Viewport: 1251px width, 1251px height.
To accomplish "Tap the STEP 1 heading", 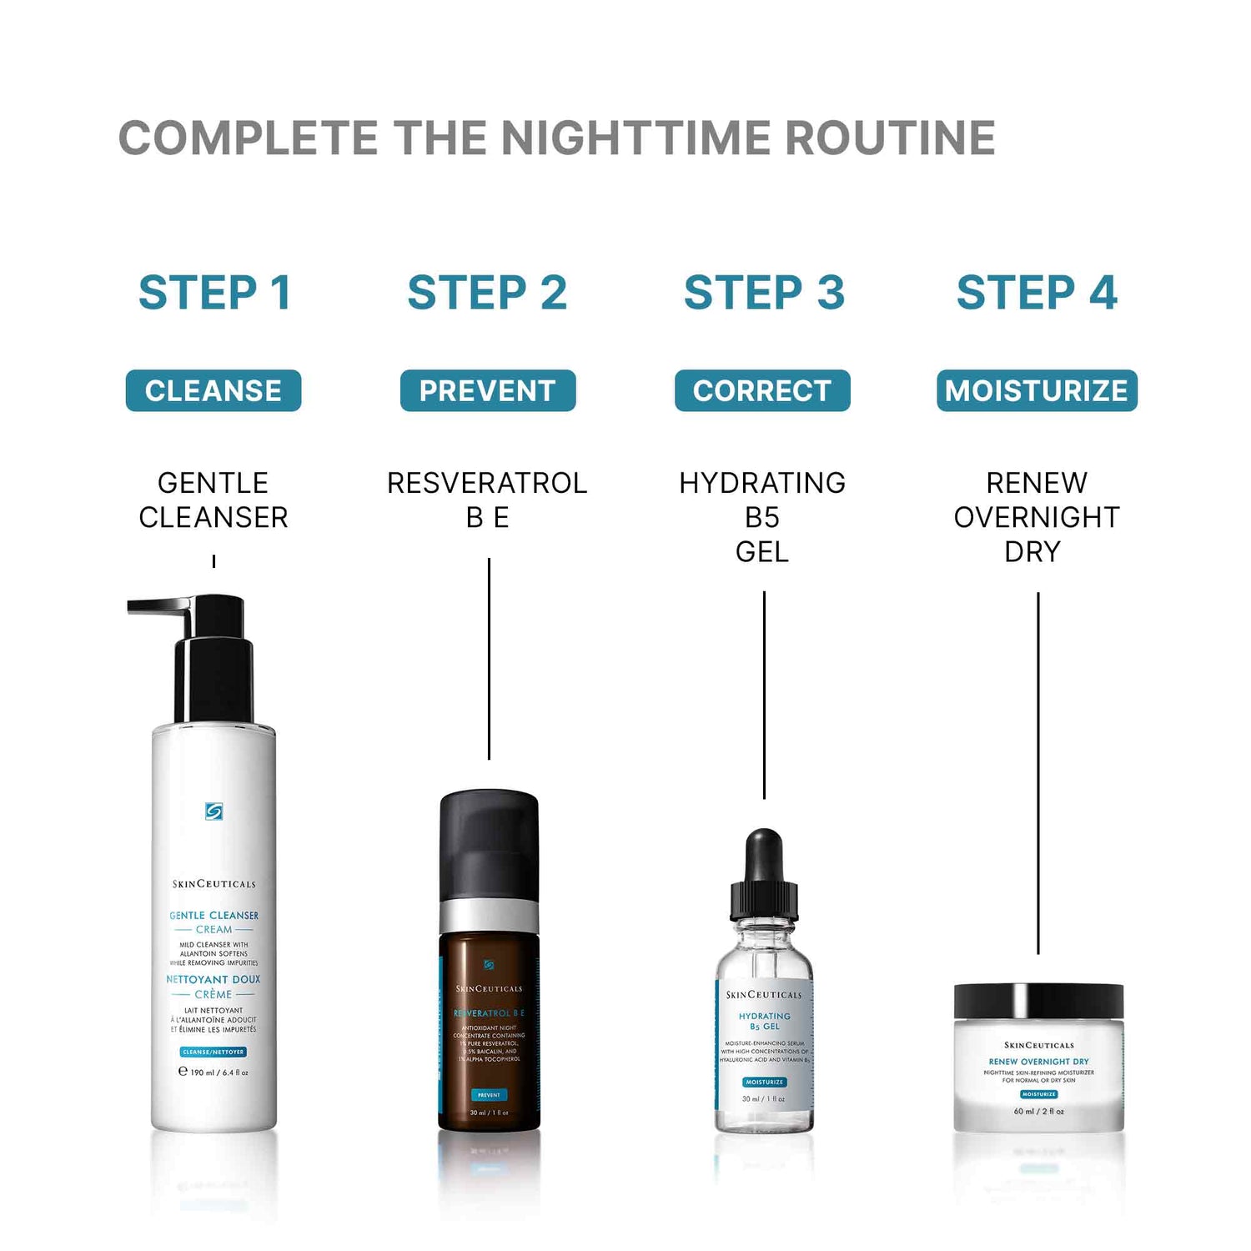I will (214, 293).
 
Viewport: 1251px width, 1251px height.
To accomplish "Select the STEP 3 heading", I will (764, 293).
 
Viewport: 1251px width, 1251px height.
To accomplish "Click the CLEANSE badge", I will (214, 390).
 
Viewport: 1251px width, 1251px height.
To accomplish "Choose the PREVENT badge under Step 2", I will (488, 390).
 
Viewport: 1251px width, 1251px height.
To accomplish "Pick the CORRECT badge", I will (762, 390).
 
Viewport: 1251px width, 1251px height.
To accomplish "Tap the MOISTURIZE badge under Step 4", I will (1037, 390).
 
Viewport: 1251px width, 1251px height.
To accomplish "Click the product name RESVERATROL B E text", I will (488, 500).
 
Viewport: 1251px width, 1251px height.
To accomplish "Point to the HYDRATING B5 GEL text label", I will (762, 516).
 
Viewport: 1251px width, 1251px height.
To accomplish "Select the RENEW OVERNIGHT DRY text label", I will (1037, 516).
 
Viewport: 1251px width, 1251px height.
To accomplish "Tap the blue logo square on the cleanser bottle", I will (214, 811).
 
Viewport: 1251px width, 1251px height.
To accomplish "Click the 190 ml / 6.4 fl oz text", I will (214, 1073).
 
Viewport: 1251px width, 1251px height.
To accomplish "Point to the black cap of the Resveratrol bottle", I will (489, 842).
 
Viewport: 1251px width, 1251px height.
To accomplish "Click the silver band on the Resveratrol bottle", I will (489, 916).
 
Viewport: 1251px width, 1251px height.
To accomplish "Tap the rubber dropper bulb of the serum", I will (764, 855).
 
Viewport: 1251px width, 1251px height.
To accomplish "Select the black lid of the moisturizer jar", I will (1038, 1001).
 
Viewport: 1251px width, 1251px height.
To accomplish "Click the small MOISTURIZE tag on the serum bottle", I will (764, 1082).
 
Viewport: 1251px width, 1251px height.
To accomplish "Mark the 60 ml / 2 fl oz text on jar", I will (1038, 1111).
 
